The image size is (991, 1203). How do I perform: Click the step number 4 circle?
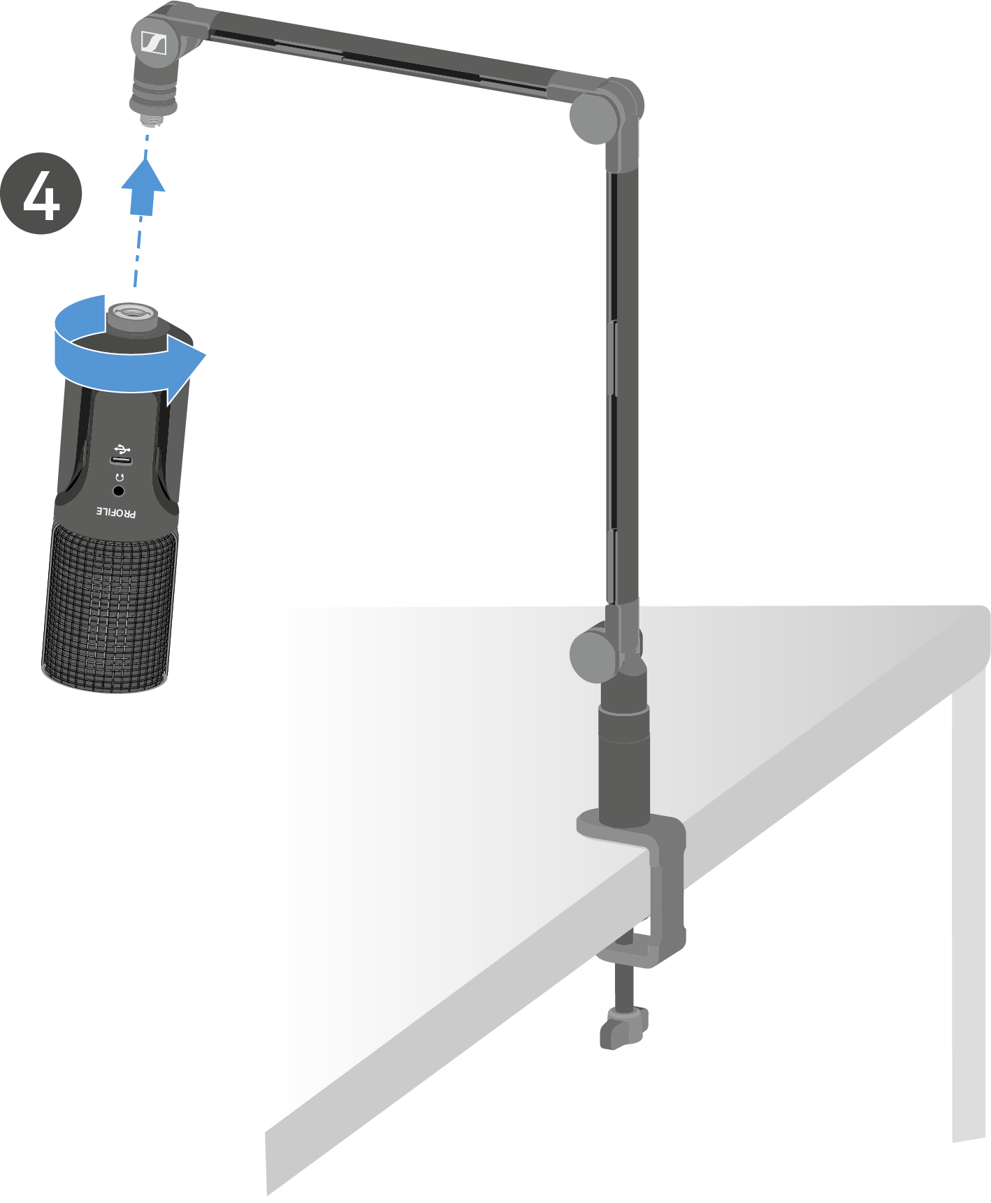click(41, 194)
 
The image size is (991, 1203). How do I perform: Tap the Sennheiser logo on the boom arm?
click(154, 43)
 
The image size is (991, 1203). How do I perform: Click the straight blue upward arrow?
click(143, 187)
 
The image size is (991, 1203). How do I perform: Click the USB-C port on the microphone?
click(122, 460)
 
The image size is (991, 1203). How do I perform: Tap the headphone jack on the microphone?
click(119, 491)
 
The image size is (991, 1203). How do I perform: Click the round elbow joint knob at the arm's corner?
click(594, 118)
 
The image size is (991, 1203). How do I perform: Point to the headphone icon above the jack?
click(120, 477)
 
